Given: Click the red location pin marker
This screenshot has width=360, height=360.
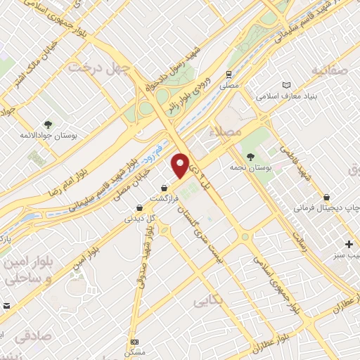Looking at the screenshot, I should (x=181, y=165).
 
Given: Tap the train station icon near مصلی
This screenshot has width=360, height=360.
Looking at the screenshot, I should (x=229, y=74).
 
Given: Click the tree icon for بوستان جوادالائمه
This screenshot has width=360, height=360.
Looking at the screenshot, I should (x=47, y=124).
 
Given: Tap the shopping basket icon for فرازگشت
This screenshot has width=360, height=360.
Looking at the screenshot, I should (x=164, y=188).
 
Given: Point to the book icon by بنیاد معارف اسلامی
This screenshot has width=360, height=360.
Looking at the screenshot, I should (x=286, y=85).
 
